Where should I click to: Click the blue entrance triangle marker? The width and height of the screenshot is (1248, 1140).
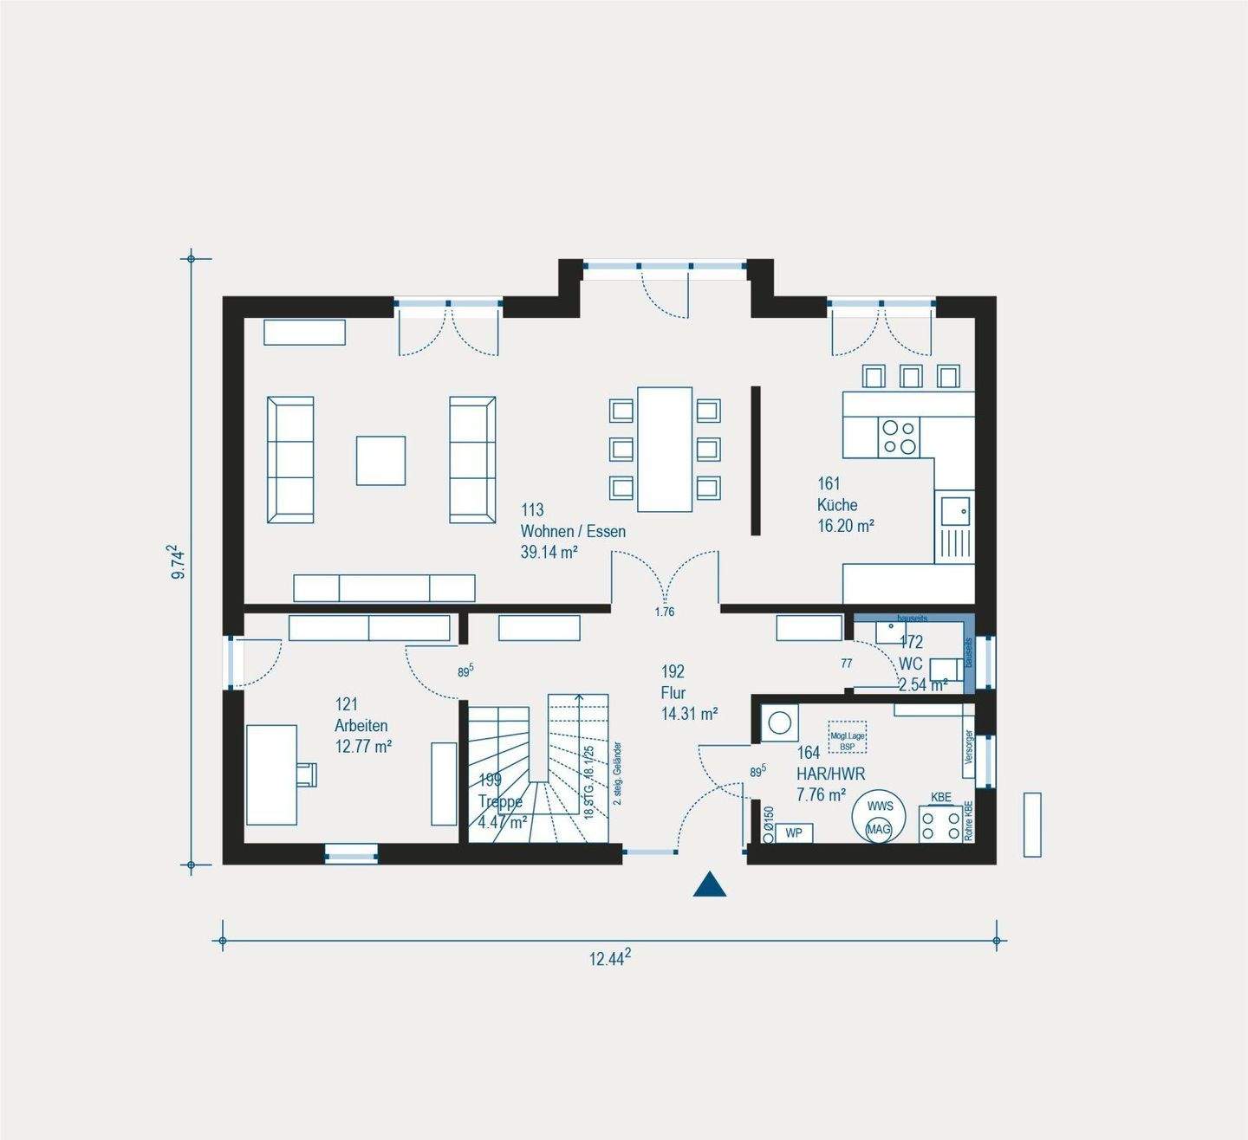tap(709, 885)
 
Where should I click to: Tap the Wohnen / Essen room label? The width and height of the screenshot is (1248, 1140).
tap(572, 531)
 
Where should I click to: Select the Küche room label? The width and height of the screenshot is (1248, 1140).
tap(837, 505)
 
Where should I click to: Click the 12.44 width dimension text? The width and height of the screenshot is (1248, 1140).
tap(609, 957)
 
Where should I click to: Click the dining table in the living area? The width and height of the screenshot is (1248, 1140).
tap(665, 449)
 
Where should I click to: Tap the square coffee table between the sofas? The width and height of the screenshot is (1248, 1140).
tap(380, 460)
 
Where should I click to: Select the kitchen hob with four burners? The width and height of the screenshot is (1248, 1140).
tap(899, 437)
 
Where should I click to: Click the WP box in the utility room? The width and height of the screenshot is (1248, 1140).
tap(793, 833)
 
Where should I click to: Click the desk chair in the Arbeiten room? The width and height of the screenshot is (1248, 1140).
tap(307, 773)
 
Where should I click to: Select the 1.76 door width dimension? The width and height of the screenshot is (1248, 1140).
tap(664, 612)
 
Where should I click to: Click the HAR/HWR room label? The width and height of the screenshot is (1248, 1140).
tap(830, 774)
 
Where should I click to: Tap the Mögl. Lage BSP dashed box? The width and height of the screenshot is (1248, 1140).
tap(847, 736)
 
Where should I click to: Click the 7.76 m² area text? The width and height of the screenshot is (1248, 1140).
tap(821, 794)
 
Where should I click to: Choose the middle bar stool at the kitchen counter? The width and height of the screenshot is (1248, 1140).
tap(910, 376)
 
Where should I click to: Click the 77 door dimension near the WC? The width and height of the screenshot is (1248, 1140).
tap(846, 664)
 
